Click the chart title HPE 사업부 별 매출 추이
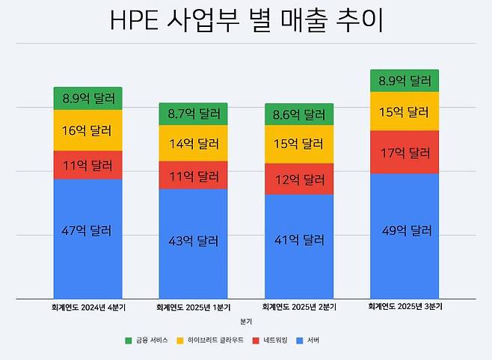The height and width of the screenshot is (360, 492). point(246,21)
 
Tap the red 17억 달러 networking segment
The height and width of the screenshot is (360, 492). point(405,152)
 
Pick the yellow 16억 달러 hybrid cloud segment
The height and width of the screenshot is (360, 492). point(87,130)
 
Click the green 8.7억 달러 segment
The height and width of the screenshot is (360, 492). point(193,114)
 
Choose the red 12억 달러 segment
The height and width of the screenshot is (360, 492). point(299,180)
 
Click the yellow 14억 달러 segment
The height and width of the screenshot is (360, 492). point(193,143)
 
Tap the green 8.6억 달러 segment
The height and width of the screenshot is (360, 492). point(299,115)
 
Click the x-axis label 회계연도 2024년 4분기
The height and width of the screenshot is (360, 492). point(87,307)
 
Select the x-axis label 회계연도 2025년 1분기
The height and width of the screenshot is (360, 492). point(193,307)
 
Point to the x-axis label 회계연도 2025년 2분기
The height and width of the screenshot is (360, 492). point(299,307)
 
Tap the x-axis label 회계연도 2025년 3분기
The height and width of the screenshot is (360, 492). point(405,307)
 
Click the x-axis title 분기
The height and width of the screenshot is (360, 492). point(246,321)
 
